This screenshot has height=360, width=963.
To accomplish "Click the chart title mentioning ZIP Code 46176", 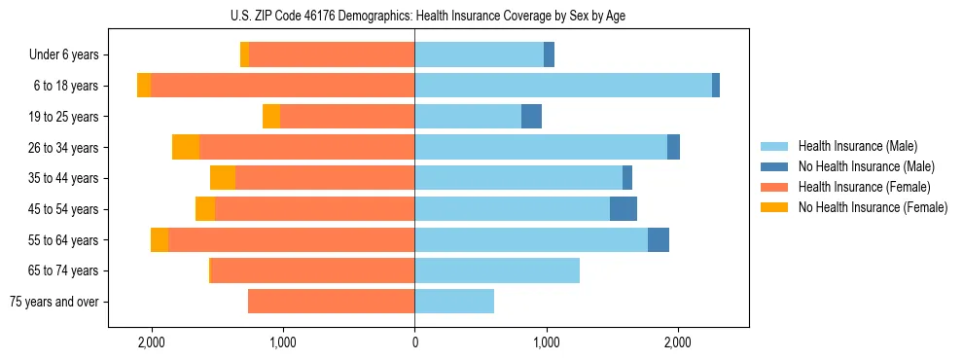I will pyautogui.click(x=414, y=16).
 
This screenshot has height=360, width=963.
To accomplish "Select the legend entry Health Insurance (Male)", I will pyautogui.click(x=857, y=146).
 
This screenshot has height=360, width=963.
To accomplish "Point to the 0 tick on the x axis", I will pyautogui.click(x=414, y=342).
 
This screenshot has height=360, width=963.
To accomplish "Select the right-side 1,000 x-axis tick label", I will pyautogui.click(x=546, y=342).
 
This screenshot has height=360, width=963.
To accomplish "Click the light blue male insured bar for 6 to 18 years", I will pyautogui.click(x=563, y=86).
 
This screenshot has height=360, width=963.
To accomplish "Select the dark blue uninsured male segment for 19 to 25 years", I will pyautogui.click(x=531, y=117).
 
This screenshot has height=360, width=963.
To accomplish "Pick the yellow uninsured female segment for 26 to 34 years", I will pyautogui.click(x=186, y=147).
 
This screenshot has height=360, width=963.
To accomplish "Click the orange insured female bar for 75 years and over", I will pyautogui.click(x=331, y=302).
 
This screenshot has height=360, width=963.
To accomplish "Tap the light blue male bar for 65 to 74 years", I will pyautogui.click(x=497, y=270).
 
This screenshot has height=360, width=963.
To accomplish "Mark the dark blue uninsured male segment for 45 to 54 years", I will pyautogui.click(x=624, y=209).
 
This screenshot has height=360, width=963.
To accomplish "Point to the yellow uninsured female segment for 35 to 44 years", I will pyautogui.click(x=223, y=178).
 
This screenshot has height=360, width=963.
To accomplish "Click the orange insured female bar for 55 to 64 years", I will pyautogui.click(x=292, y=239).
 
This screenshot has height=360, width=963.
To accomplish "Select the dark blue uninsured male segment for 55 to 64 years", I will pyautogui.click(x=659, y=239).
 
